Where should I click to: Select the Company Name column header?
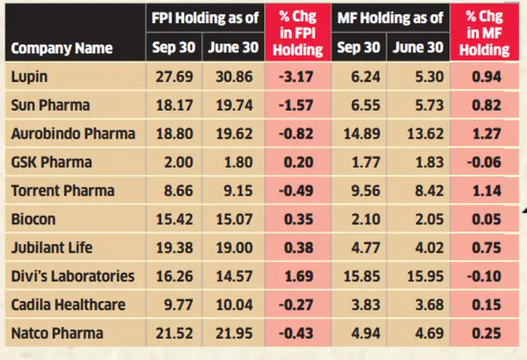point(62,48)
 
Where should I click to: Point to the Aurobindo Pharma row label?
point(74,133)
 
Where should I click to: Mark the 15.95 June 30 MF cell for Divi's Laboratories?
point(418,276)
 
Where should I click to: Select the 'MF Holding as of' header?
point(389,17)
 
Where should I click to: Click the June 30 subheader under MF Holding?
point(418,48)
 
